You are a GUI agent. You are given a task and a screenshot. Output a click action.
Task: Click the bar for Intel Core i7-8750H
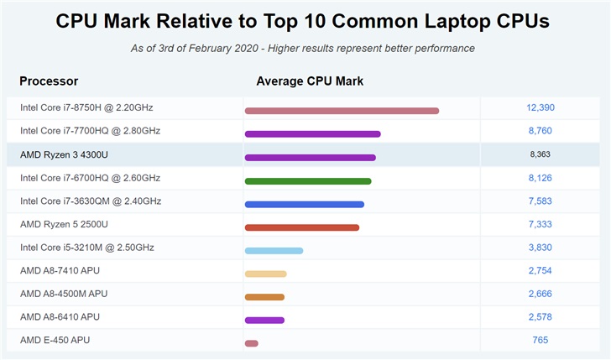pyautogui.click(x=342, y=111)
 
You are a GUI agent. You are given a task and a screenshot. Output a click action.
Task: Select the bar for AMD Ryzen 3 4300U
pyautogui.click(x=310, y=157)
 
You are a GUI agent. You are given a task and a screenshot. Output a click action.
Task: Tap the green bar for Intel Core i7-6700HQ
pyautogui.click(x=307, y=180)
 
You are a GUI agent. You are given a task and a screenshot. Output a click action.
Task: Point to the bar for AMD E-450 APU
pyautogui.click(x=251, y=343)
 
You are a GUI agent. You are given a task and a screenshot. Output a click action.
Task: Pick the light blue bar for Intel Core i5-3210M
pyautogui.click(x=274, y=251)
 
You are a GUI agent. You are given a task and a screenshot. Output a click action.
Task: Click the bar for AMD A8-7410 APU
pyautogui.click(x=265, y=274)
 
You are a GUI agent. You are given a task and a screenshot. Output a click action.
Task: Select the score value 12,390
pyautogui.click(x=540, y=107)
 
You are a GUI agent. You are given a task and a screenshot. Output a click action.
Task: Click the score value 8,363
pyautogui.click(x=540, y=154)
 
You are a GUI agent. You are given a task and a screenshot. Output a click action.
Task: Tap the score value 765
pyautogui.click(x=540, y=340)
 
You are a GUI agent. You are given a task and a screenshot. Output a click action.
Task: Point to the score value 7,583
pyautogui.click(x=540, y=201)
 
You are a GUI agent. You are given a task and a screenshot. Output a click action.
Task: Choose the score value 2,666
pyautogui.click(x=540, y=294)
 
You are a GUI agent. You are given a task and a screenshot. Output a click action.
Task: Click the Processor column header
pyautogui.click(x=49, y=81)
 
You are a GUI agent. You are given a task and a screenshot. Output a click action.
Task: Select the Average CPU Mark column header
pyautogui.click(x=310, y=81)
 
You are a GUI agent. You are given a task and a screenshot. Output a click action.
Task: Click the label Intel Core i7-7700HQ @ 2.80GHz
pyautogui.click(x=90, y=131)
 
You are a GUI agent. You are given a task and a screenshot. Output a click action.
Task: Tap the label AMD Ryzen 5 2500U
pyautogui.click(x=64, y=224)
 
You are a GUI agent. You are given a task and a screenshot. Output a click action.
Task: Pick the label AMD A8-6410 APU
pyautogui.click(x=60, y=316)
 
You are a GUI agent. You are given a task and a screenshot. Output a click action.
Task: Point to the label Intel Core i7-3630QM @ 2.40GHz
pyautogui.click(x=91, y=201)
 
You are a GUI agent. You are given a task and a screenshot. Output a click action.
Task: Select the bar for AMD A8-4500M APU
pyautogui.click(x=264, y=297)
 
